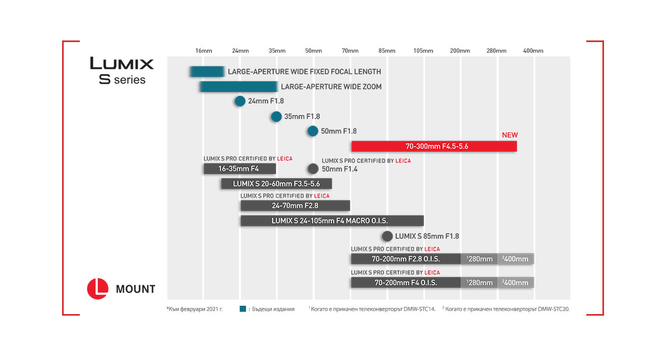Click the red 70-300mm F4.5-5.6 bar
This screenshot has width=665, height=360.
point(434,146)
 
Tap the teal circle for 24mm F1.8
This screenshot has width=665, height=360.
point(239,101)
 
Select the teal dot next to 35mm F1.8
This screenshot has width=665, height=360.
point(276,116)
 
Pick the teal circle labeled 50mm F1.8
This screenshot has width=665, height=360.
point(313,131)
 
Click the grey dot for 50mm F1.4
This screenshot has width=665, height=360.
point(313,169)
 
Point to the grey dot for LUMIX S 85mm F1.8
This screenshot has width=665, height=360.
point(387,236)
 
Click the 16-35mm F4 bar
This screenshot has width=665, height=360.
point(239,169)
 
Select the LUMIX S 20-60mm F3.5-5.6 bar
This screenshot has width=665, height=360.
point(276,183)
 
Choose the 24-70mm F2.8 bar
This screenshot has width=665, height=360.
point(295,205)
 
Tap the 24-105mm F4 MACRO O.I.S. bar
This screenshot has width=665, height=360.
point(331,220)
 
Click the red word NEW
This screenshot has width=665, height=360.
point(509,135)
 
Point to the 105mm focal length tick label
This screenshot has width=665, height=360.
point(423,51)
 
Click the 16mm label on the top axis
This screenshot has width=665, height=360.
point(203,51)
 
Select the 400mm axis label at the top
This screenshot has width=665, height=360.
point(533,51)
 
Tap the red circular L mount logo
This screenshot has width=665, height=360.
point(98,289)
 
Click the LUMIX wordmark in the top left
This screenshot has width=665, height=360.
point(122,63)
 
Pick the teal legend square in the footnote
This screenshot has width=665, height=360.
point(242,308)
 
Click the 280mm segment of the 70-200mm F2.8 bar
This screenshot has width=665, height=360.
point(479,259)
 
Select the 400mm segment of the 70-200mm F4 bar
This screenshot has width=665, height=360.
point(515,282)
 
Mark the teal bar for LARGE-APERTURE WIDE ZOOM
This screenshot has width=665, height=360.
point(238,87)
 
